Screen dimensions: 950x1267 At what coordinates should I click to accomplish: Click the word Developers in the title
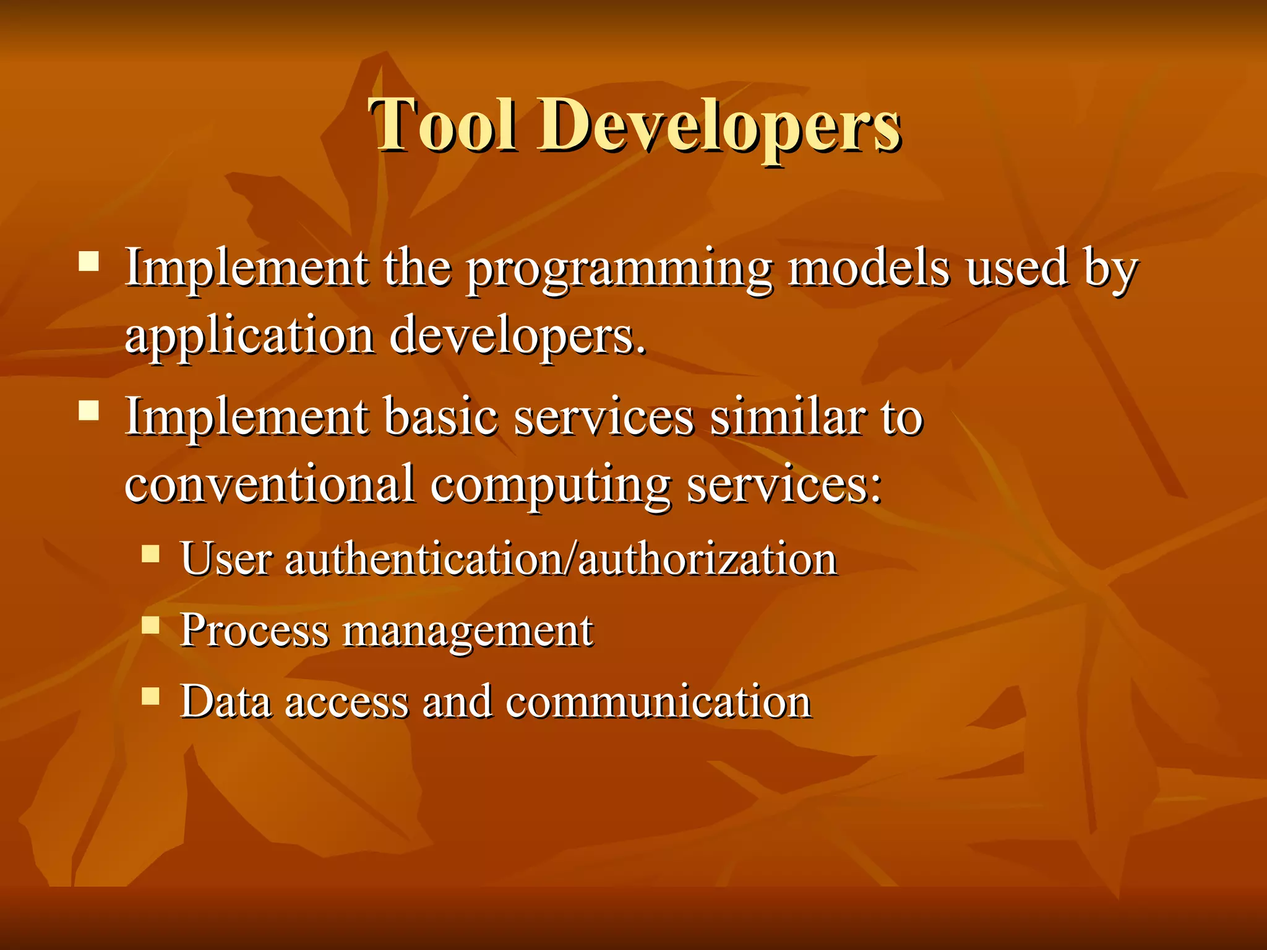[719, 126]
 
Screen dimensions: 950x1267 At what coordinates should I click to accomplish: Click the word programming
[619, 270]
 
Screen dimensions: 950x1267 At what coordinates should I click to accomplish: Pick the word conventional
[270, 484]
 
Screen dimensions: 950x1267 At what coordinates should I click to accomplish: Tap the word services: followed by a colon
[784, 484]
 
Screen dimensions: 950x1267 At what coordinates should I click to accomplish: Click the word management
[468, 632]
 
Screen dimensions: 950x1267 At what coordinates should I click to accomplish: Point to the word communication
[658, 702]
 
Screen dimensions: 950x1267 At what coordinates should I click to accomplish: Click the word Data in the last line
[226, 702]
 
